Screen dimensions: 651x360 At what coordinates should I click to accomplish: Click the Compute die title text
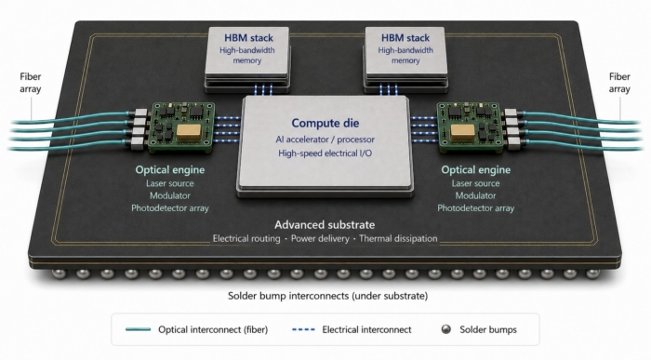[x=325, y=123]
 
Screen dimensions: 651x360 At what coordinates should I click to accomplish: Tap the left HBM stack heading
[x=248, y=38]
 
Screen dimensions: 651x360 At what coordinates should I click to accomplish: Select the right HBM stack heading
[x=405, y=38]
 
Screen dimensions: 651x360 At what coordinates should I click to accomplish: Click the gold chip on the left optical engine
[x=189, y=131]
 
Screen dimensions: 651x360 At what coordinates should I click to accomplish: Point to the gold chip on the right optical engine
[x=462, y=132]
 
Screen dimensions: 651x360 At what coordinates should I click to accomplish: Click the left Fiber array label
[x=31, y=83]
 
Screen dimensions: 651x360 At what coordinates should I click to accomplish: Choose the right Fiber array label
[x=619, y=83]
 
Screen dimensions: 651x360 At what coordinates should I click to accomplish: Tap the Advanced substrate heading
[x=325, y=224]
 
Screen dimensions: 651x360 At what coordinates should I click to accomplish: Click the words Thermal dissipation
[x=398, y=239]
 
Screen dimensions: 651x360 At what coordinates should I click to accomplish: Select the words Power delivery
[x=320, y=239]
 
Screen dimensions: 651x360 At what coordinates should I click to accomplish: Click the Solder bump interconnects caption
[x=327, y=296]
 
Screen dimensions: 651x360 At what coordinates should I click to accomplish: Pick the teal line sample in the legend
[x=139, y=329]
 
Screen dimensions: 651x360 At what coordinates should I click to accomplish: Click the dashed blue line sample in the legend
[x=303, y=329]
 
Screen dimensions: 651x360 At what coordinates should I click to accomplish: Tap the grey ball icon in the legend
[x=445, y=329]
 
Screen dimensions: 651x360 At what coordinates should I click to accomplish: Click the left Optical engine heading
[x=170, y=170]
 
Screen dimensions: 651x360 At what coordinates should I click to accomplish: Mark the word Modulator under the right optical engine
[x=475, y=195]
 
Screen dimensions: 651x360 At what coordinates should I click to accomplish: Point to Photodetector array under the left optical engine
[x=170, y=208]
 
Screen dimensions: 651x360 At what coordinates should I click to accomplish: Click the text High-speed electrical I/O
[x=325, y=153]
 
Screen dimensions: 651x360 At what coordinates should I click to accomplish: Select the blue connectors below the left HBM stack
[x=263, y=89]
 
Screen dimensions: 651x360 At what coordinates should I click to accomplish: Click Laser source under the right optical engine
[x=475, y=183]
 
